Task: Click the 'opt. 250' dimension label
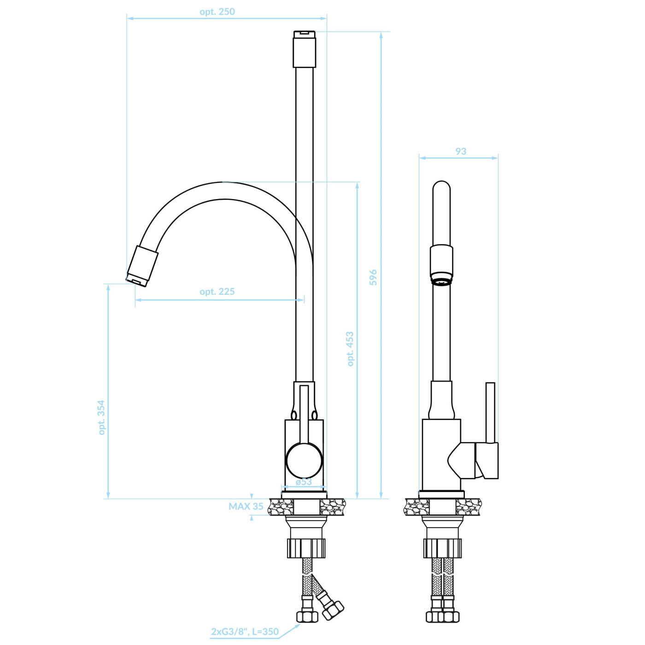pos(217,12)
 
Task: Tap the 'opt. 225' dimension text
pos(217,292)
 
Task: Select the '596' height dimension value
pos(373,277)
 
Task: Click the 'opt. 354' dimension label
pos(101,417)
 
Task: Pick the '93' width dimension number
pos(461,151)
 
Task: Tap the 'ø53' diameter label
pos(304,481)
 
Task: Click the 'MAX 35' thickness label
pos(246,506)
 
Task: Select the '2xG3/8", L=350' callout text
pos(245,632)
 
